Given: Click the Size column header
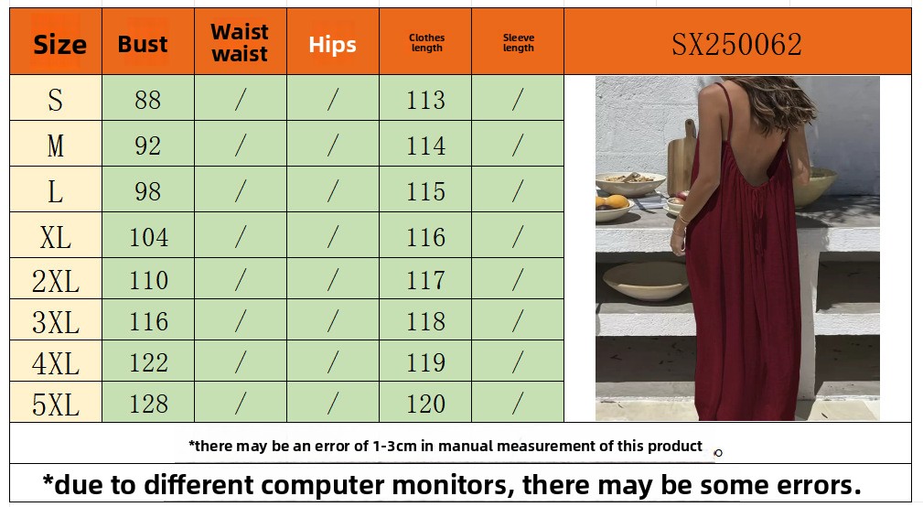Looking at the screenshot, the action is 59,45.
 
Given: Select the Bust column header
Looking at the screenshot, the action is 143,44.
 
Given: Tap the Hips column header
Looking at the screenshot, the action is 333,45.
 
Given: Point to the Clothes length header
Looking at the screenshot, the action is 427,42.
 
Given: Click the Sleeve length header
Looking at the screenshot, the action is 519,42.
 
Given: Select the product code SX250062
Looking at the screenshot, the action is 737,44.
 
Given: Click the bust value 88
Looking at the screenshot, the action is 148,100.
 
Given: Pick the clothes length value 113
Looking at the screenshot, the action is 425,100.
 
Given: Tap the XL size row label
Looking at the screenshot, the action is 55,238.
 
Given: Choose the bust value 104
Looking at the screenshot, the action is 148,237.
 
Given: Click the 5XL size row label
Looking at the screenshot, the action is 55,405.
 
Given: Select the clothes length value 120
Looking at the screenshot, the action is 425,404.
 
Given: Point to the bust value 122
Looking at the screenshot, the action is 148,362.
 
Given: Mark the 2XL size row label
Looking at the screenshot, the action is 55,281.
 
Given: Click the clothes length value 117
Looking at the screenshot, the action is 425,280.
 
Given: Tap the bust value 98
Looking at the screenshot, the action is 148,191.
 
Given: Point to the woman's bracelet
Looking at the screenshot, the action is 682,221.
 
